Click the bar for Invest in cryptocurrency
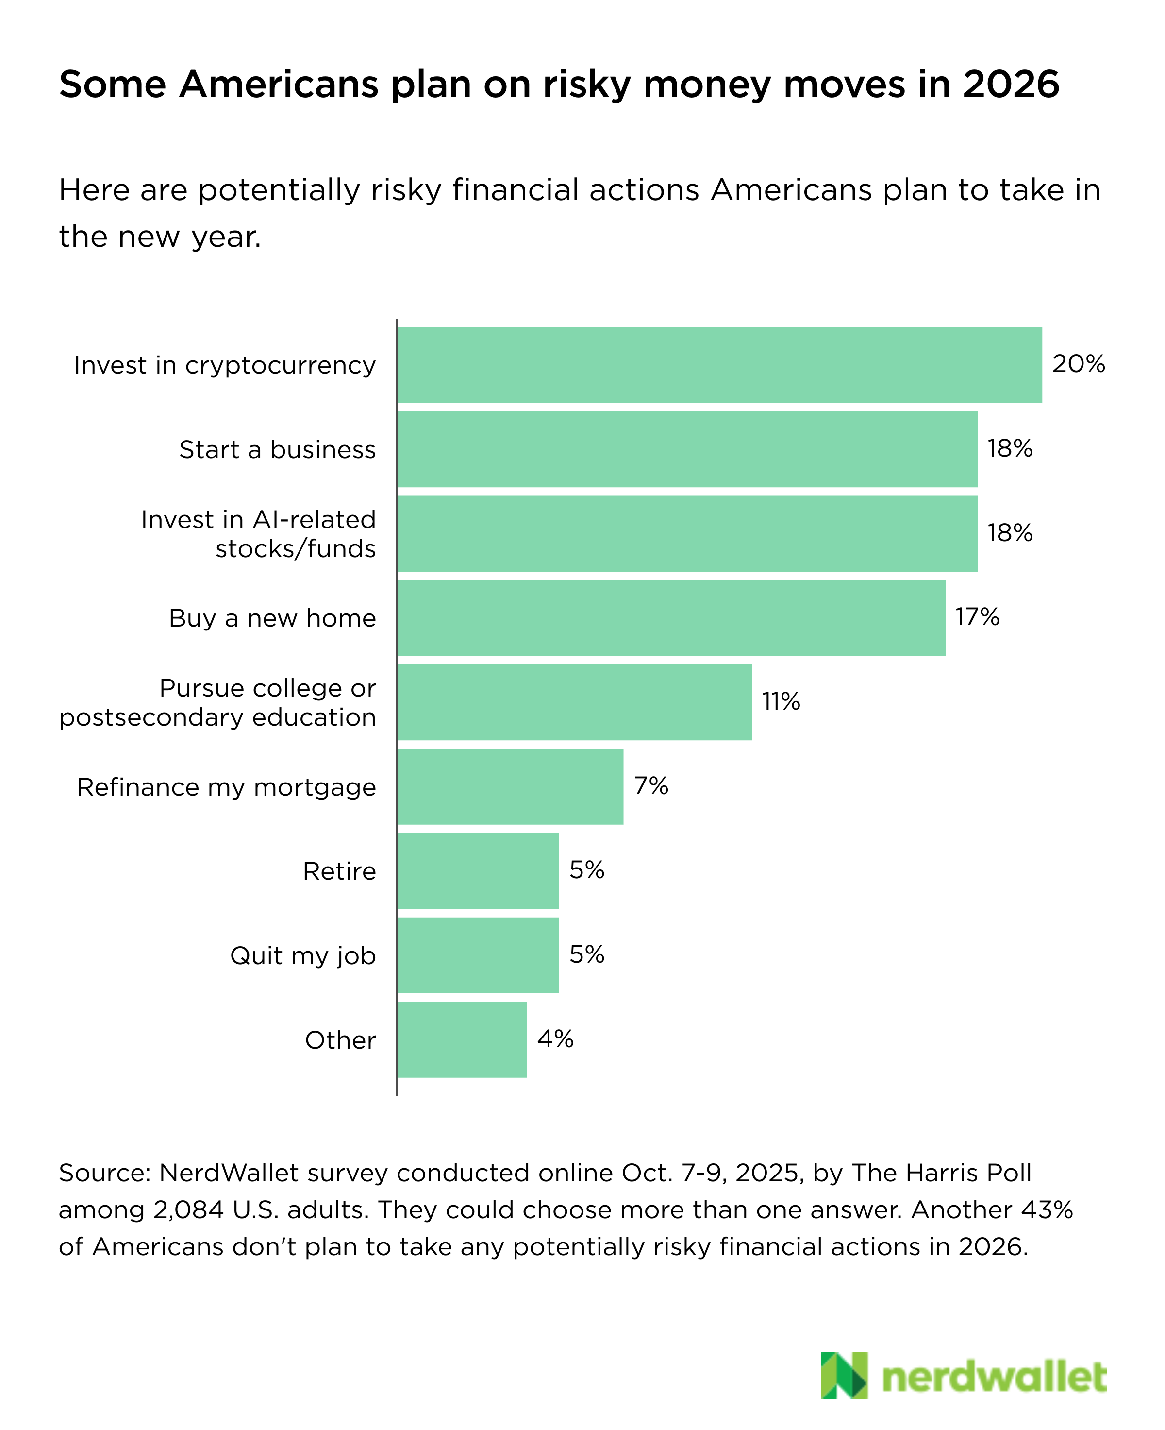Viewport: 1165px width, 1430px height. [719, 365]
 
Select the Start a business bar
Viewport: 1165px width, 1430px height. [687, 449]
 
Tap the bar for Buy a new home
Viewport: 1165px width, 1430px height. [671, 618]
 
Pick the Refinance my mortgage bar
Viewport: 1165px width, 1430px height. [510, 786]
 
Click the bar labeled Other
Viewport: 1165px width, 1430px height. [462, 1039]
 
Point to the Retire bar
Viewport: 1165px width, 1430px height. [478, 871]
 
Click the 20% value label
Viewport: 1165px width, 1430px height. [1078, 364]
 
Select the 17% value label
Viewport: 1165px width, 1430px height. [977, 616]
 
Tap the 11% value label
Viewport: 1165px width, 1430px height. [781, 701]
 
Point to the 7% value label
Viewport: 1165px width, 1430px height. [651, 785]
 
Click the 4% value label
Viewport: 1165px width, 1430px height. [555, 1038]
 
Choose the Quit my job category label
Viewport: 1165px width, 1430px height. [303, 955]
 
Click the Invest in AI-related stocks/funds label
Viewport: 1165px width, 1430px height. [258, 534]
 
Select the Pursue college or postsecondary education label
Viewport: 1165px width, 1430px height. [217, 702]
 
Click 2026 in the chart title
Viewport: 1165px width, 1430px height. [1011, 85]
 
